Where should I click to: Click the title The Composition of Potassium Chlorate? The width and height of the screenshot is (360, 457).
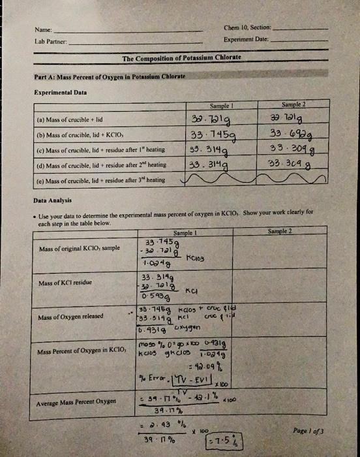[181, 58]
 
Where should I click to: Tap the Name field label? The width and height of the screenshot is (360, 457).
[43, 30]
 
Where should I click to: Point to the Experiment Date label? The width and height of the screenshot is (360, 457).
[246, 39]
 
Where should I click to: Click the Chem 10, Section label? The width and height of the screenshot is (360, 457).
[248, 28]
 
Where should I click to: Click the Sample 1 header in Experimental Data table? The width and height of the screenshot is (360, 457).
[223, 104]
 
